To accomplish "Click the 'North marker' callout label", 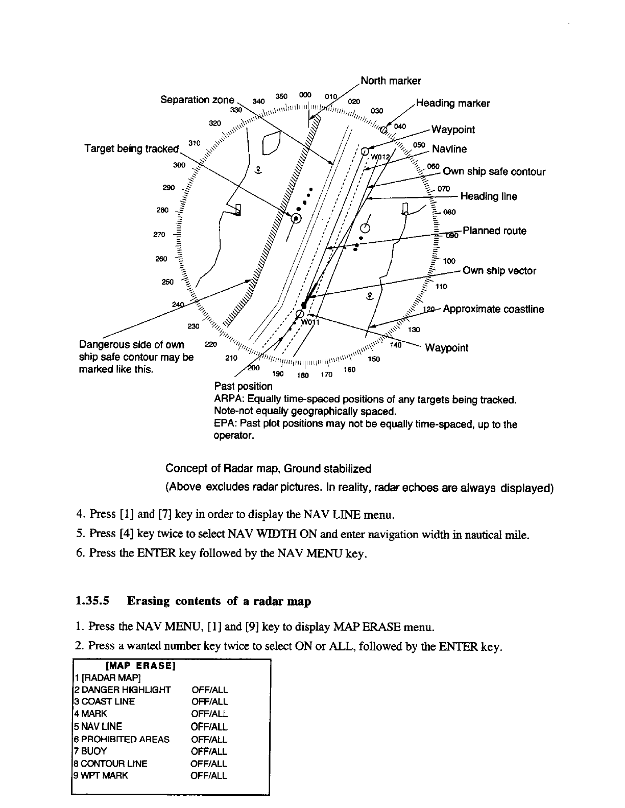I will [391, 81].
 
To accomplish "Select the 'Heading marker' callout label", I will [453, 104].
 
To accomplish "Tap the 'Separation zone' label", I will [197, 99].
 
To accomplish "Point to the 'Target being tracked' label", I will [131, 149].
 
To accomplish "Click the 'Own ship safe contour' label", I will [494, 172].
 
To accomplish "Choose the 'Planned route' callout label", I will [494, 231].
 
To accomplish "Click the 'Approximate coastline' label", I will [493, 309].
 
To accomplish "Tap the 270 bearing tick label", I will [159, 235].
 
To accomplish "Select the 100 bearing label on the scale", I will [449, 261].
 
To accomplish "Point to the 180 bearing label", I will [303, 376].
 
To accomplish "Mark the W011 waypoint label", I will [309, 322].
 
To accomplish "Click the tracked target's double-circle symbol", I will [296, 218].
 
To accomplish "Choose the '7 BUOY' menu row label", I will [90, 751].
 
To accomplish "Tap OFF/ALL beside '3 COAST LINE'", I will [209, 702].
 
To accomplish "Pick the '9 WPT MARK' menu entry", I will [101, 776].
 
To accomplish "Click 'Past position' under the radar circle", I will [244, 387].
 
